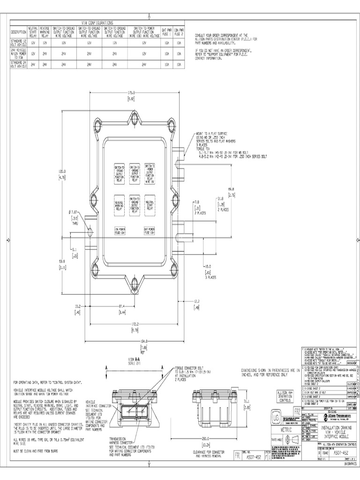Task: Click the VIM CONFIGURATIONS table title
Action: [97, 22]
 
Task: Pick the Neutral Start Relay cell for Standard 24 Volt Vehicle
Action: [33, 65]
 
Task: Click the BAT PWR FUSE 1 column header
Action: [167, 31]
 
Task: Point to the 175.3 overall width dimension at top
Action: [131, 93]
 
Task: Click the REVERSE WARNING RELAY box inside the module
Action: [119, 203]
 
